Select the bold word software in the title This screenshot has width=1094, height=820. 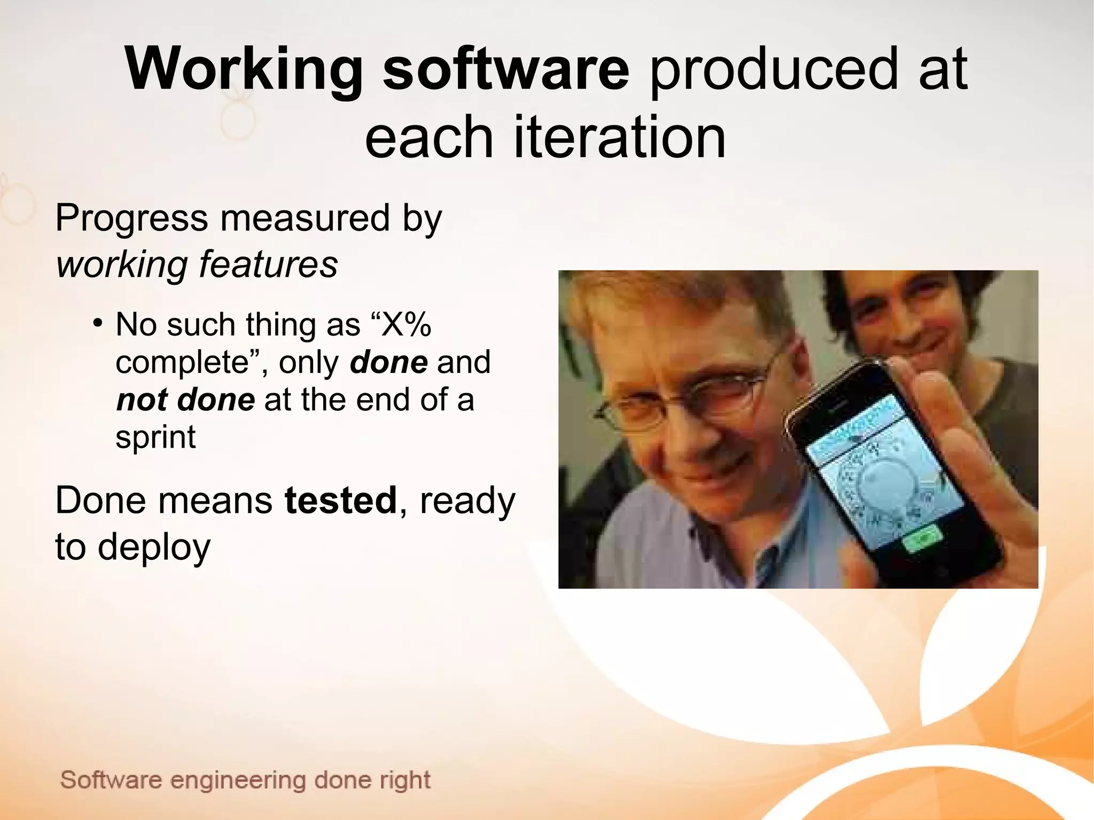click(x=506, y=70)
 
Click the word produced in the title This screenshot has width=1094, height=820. click(x=774, y=70)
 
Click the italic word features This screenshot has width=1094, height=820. click(x=268, y=264)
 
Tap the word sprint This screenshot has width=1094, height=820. click(x=155, y=437)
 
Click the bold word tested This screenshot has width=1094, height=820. click(x=341, y=501)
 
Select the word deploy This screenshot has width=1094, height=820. click(x=154, y=547)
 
